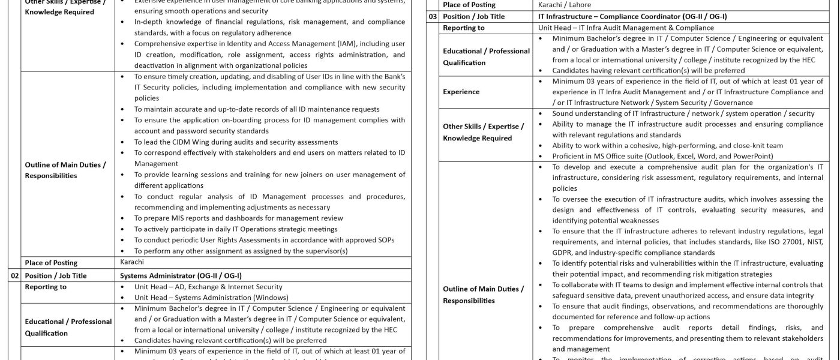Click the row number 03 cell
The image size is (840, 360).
[433, 17]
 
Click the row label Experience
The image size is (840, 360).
[461, 92]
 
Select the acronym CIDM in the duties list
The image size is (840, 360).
[179, 142]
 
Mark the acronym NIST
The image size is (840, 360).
[813, 242]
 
